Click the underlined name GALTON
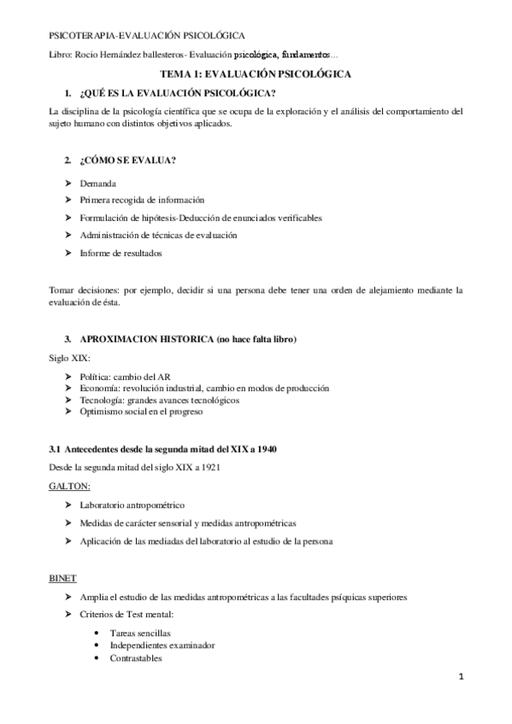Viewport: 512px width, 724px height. pyautogui.click(x=64, y=485)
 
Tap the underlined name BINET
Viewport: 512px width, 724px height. pyautogui.click(x=62, y=578)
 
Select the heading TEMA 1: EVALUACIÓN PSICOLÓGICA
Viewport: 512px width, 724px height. pyautogui.click(x=256, y=75)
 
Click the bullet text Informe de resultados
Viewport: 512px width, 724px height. pyautogui.click(x=120, y=253)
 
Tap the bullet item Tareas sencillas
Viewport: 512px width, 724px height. pyautogui.click(x=140, y=633)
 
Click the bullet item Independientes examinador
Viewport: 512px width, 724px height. pyautogui.click(x=162, y=645)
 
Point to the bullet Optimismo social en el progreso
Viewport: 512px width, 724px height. pyautogui.click(x=141, y=412)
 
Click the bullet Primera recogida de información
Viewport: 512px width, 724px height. pyautogui.click(x=142, y=200)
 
